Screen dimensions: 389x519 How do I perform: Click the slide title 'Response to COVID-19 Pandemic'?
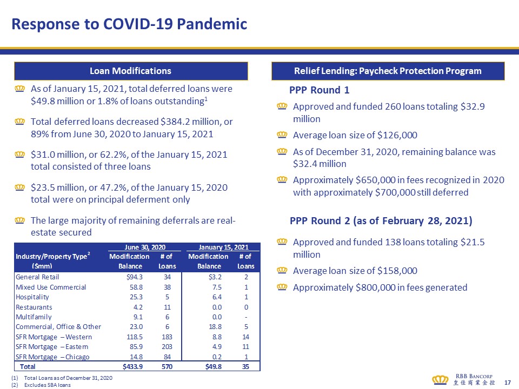(x=130, y=24)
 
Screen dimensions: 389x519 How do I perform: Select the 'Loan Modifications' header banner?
(x=130, y=71)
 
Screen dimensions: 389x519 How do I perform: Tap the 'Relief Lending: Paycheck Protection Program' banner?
(x=388, y=71)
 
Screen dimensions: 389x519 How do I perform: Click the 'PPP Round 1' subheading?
(x=320, y=90)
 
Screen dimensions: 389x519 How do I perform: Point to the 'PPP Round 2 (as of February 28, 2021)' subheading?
(x=381, y=221)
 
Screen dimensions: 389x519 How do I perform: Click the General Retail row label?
(x=35, y=277)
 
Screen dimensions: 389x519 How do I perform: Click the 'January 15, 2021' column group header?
(x=223, y=246)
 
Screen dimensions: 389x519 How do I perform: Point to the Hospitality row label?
(x=32, y=297)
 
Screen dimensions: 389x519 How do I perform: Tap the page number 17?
(x=507, y=383)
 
